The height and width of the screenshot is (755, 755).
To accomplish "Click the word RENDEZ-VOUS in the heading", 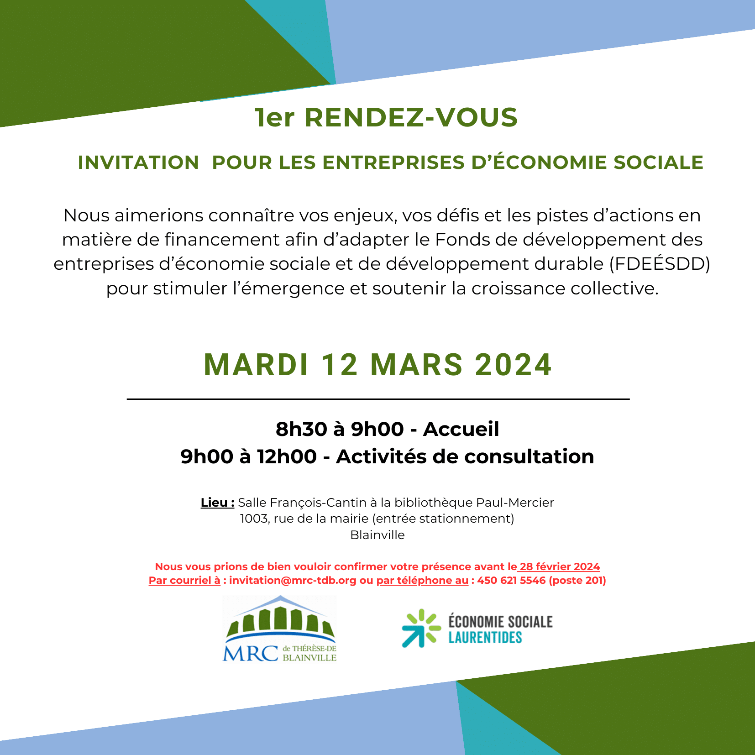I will point(411,117).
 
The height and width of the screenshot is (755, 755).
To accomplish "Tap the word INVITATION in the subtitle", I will point(138,163).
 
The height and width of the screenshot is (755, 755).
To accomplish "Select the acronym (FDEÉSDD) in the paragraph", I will point(660,264).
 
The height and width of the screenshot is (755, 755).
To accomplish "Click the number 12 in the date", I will point(340,365).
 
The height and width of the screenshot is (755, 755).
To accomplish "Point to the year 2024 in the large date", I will point(513,365).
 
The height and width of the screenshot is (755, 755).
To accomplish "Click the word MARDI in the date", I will point(256,365).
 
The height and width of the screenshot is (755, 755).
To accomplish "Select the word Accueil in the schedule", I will point(461,429).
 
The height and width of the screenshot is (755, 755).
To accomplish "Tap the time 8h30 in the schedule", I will point(301,429).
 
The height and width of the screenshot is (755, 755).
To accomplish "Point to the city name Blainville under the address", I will point(377,535).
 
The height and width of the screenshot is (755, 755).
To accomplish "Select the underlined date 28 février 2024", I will point(560,566).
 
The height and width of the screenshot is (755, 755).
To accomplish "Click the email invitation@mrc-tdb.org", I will point(293,580).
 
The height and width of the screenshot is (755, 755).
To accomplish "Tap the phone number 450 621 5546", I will point(511,580).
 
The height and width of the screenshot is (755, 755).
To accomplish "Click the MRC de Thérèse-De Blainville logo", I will point(280,629).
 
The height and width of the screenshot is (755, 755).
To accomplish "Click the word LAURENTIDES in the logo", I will point(485,638).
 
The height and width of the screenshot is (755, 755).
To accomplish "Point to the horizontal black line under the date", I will point(378,399).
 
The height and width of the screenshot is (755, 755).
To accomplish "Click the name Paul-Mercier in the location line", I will point(515,503).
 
